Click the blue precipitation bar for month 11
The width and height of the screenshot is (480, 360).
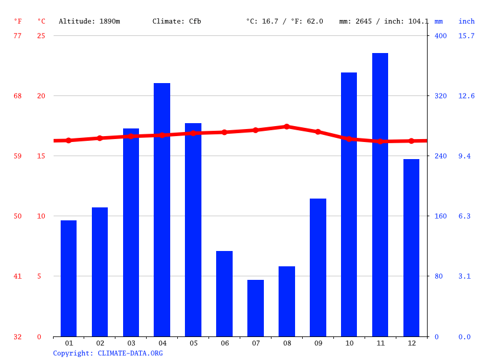[x=380, y=194]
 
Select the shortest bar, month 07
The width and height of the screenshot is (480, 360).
[x=256, y=308]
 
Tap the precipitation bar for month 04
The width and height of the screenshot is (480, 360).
[x=162, y=210]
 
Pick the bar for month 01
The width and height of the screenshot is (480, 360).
[x=69, y=278]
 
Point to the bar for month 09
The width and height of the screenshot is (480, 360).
[x=318, y=267]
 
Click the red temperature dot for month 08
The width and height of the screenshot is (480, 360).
[x=287, y=127]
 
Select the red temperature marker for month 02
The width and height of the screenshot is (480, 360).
[x=100, y=138]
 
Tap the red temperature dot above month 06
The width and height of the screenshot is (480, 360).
[x=224, y=133]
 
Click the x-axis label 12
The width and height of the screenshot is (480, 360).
[x=411, y=343]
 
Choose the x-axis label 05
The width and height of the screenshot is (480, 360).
[x=193, y=343]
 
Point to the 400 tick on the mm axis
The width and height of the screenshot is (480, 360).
[x=441, y=36]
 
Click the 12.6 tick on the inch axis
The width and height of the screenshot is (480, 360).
[x=466, y=96]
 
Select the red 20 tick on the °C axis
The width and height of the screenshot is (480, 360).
[x=41, y=96]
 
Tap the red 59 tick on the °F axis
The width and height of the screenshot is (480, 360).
[x=18, y=156]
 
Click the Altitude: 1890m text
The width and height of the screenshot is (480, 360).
[x=90, y=21]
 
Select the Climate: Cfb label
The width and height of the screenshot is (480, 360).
[x=177, y=21]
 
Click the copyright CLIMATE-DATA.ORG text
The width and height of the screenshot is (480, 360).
[x=108, y=354]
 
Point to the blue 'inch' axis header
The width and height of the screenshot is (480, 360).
[x=466, y=21]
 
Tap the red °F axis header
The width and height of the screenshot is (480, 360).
[x=18, y=21]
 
